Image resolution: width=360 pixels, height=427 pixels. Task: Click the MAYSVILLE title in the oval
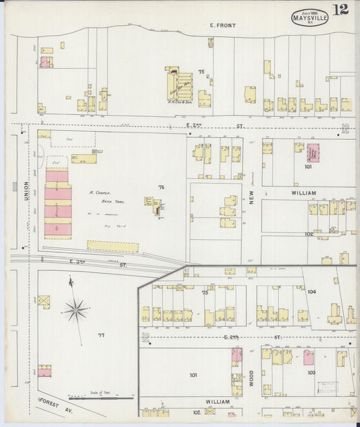pos(311,18)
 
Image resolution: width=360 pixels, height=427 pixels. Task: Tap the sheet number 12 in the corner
pos(341,9)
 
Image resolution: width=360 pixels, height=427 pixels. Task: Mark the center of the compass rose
pos(76,311)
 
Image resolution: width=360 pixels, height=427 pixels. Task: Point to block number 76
pos(161,186)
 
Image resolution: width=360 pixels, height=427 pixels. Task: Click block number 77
pos(101,335)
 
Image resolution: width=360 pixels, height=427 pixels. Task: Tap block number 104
pos(311,292)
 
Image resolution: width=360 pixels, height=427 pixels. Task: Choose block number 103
pos(311,372)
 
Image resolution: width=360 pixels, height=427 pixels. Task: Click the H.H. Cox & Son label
pos(179,102)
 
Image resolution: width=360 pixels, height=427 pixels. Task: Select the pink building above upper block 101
pos(314,151)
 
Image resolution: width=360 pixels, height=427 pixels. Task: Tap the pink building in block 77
pos(45,370)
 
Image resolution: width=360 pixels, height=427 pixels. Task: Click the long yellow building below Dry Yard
pos(112,247)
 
